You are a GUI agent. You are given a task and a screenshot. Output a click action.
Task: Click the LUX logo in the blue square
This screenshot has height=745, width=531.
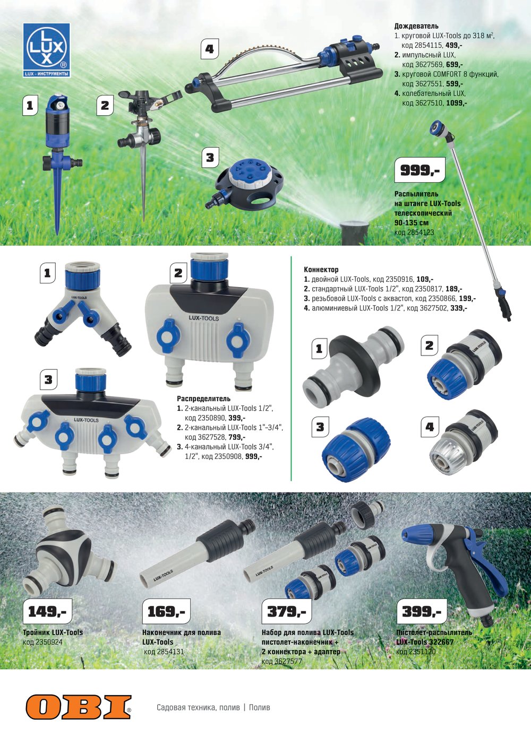click(x=47, y=50)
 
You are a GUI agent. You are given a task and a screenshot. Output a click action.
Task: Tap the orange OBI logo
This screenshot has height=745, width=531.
click(x=79, y=707)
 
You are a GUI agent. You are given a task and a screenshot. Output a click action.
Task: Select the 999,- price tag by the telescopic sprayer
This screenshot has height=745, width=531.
click(x=420, y=170)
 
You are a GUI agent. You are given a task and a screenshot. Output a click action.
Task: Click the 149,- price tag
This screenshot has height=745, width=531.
click(x=47, y=611)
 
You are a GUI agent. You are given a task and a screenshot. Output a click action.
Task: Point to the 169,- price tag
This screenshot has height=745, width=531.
click(x=166, y=611)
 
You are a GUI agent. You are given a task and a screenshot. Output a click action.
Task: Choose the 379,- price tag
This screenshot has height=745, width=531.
click(x=286, y=611)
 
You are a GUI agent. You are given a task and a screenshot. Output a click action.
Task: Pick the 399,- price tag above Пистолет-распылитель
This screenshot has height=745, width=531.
click(x=422, y=611)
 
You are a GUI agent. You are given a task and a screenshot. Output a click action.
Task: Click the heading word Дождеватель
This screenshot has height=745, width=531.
click(x=416, y=26)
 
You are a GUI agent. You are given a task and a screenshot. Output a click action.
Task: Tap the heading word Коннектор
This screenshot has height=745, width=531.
click(x=321, y=270)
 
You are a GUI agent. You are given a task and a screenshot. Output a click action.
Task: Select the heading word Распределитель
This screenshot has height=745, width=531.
click(x=203, y=399)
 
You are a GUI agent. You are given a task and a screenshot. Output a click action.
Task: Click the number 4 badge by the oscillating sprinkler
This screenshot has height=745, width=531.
click(x=209, y=49)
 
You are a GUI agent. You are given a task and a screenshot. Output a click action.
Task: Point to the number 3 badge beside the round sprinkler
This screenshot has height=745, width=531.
click(x=210, y=157)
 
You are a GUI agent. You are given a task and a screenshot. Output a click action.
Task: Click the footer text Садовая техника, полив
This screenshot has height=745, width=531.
click(x=198, y=707)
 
